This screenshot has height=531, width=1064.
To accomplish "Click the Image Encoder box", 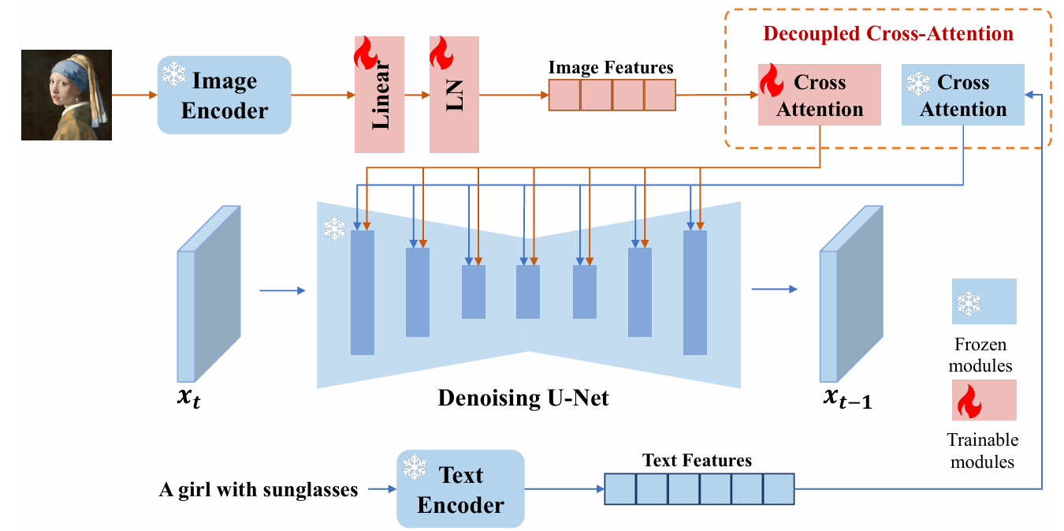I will (x=225, y=95).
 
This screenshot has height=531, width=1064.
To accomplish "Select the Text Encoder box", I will (x=460, y=489).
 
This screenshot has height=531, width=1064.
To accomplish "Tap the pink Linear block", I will (x=379, y=95).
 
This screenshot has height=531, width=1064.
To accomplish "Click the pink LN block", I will (x=454, y=95).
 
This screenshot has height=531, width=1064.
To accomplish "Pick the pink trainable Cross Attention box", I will (x=820, y=95).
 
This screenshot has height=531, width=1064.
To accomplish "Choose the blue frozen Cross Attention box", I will (x=962, y=95).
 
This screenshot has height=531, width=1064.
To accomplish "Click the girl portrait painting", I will (x=66, y=95).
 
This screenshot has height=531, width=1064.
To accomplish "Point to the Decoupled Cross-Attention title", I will (x=888, y=34).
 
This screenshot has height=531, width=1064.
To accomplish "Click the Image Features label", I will (x=611, y=67).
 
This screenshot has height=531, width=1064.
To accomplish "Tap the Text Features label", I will (x=697, y=460).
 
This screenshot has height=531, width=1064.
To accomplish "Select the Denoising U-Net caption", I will (x=523, y=398).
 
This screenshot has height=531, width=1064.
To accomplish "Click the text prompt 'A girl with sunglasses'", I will (x=259, y=490).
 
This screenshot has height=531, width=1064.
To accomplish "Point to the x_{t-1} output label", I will (x=847, y=399).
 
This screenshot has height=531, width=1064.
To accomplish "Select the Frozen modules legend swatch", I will (x=984, y=301).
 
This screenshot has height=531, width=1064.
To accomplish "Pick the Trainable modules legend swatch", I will (x=984, y=401).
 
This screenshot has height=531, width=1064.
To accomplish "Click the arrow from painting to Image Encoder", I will (x=134, y=95).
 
